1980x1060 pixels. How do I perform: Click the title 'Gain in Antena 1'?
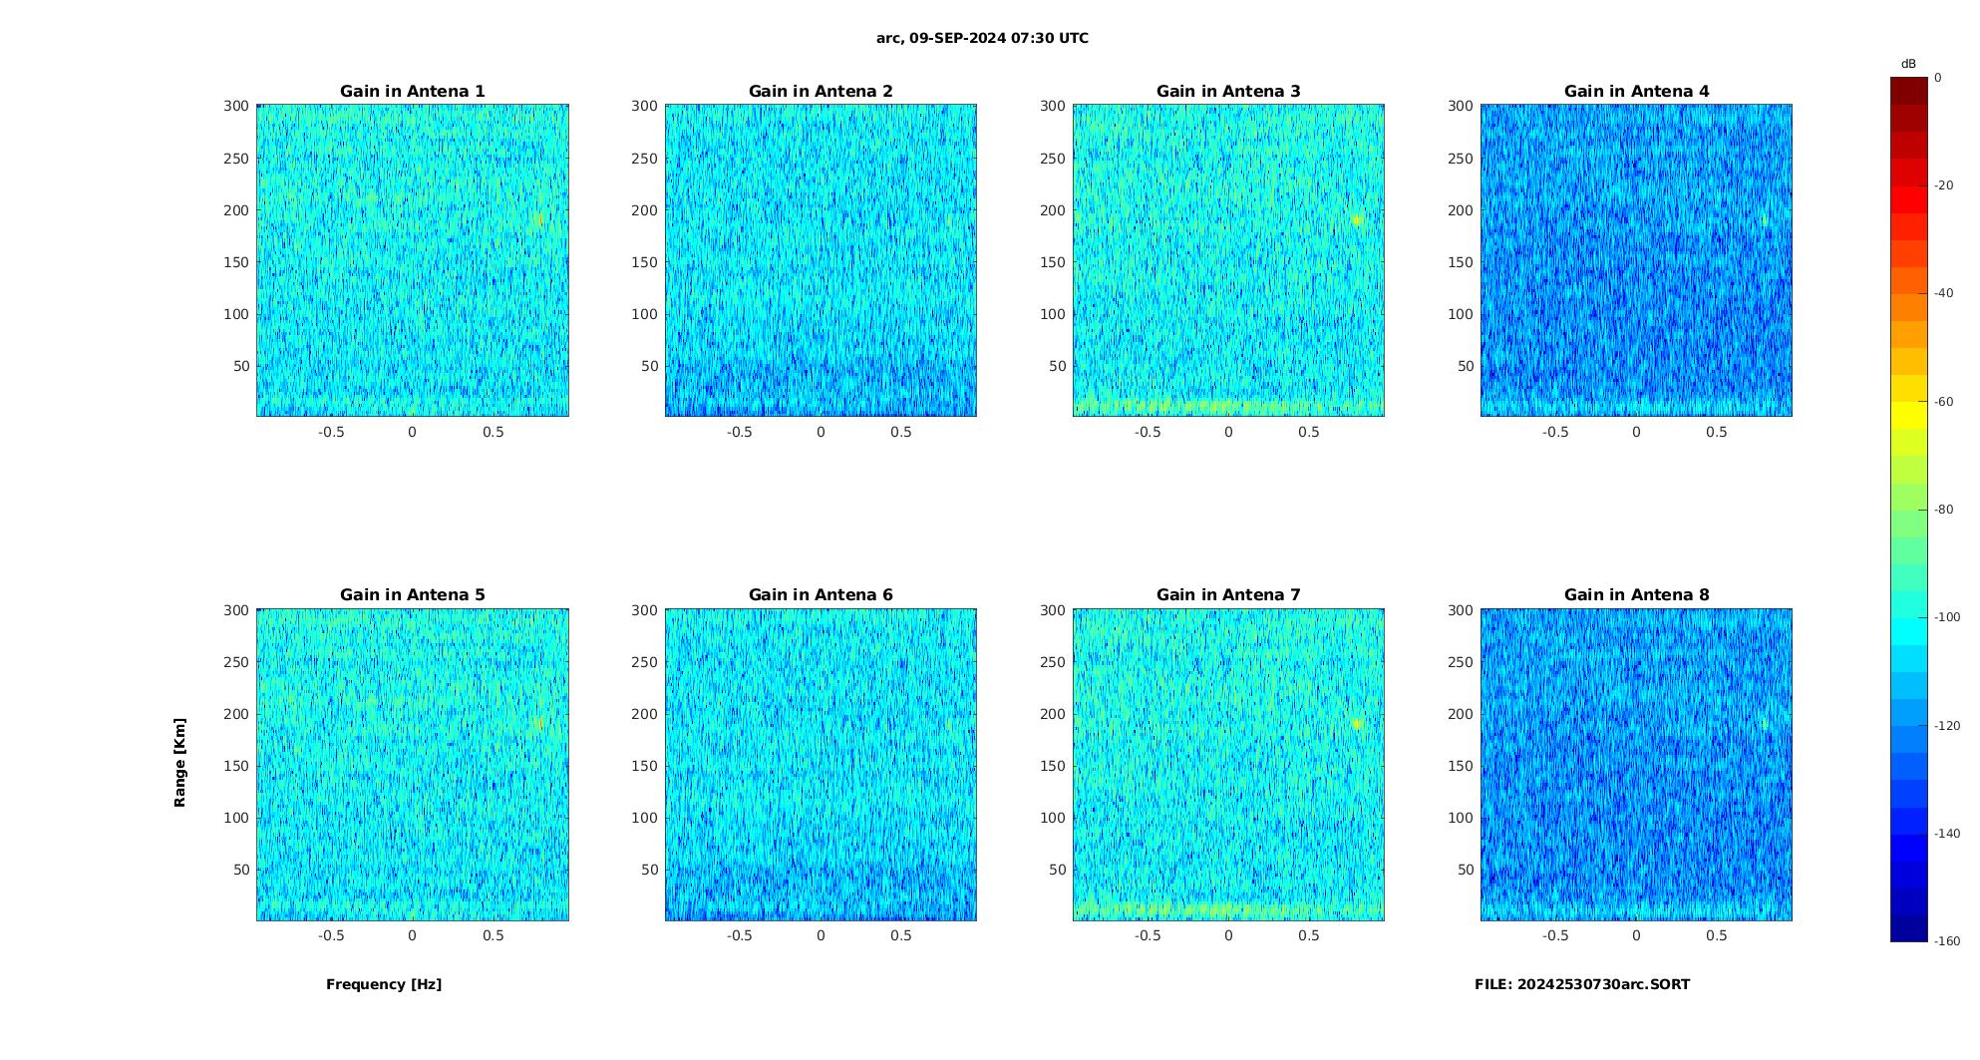click(x=412, y=92)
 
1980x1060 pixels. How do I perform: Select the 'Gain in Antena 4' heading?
click(x=1636, y=92)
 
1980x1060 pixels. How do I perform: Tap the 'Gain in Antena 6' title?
click(x=821, y=595)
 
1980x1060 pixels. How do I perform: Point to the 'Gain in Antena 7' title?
click(x=1228, y=595)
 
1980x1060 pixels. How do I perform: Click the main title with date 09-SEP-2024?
click(x=982, y=39)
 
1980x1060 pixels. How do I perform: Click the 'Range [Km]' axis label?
click(x=180, y=763)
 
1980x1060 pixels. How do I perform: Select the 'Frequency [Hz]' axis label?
click(x=384, y=984)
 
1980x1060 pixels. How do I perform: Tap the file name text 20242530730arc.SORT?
click(x=1582, y=984)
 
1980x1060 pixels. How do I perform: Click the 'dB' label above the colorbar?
click(x=1908, y=64)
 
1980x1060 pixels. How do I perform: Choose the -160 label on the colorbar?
click(x=1947, y=941)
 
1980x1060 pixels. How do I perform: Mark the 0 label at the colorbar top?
click(x=1938, y=78)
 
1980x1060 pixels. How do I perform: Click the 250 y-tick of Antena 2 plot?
click(x=644, y=159)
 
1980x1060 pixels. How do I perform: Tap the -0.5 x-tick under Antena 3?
click(x=1148, y=432)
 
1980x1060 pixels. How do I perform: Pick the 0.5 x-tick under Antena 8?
click(x=1716, y=935)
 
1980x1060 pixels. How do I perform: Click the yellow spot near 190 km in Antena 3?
click(x=1357, y=219)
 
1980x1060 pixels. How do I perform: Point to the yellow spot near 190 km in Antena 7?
click(x=1357, y=723)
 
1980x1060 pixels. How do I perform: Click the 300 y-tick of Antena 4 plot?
click(x=1460, y=106)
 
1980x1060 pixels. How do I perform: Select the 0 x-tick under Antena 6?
click(x=821, y=935)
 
